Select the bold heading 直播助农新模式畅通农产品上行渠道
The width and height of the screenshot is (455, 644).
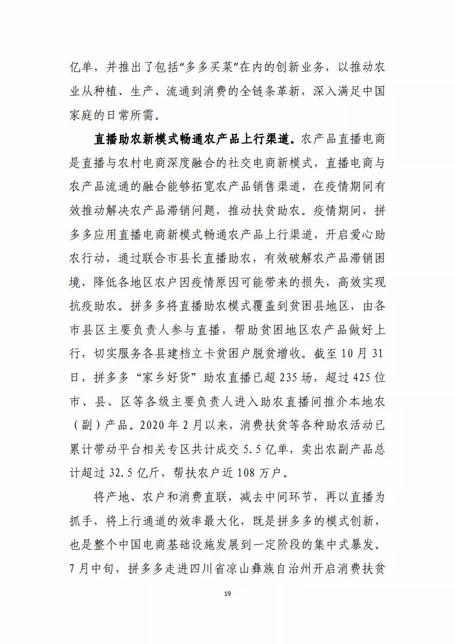194,138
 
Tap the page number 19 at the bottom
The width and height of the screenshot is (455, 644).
228,610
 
